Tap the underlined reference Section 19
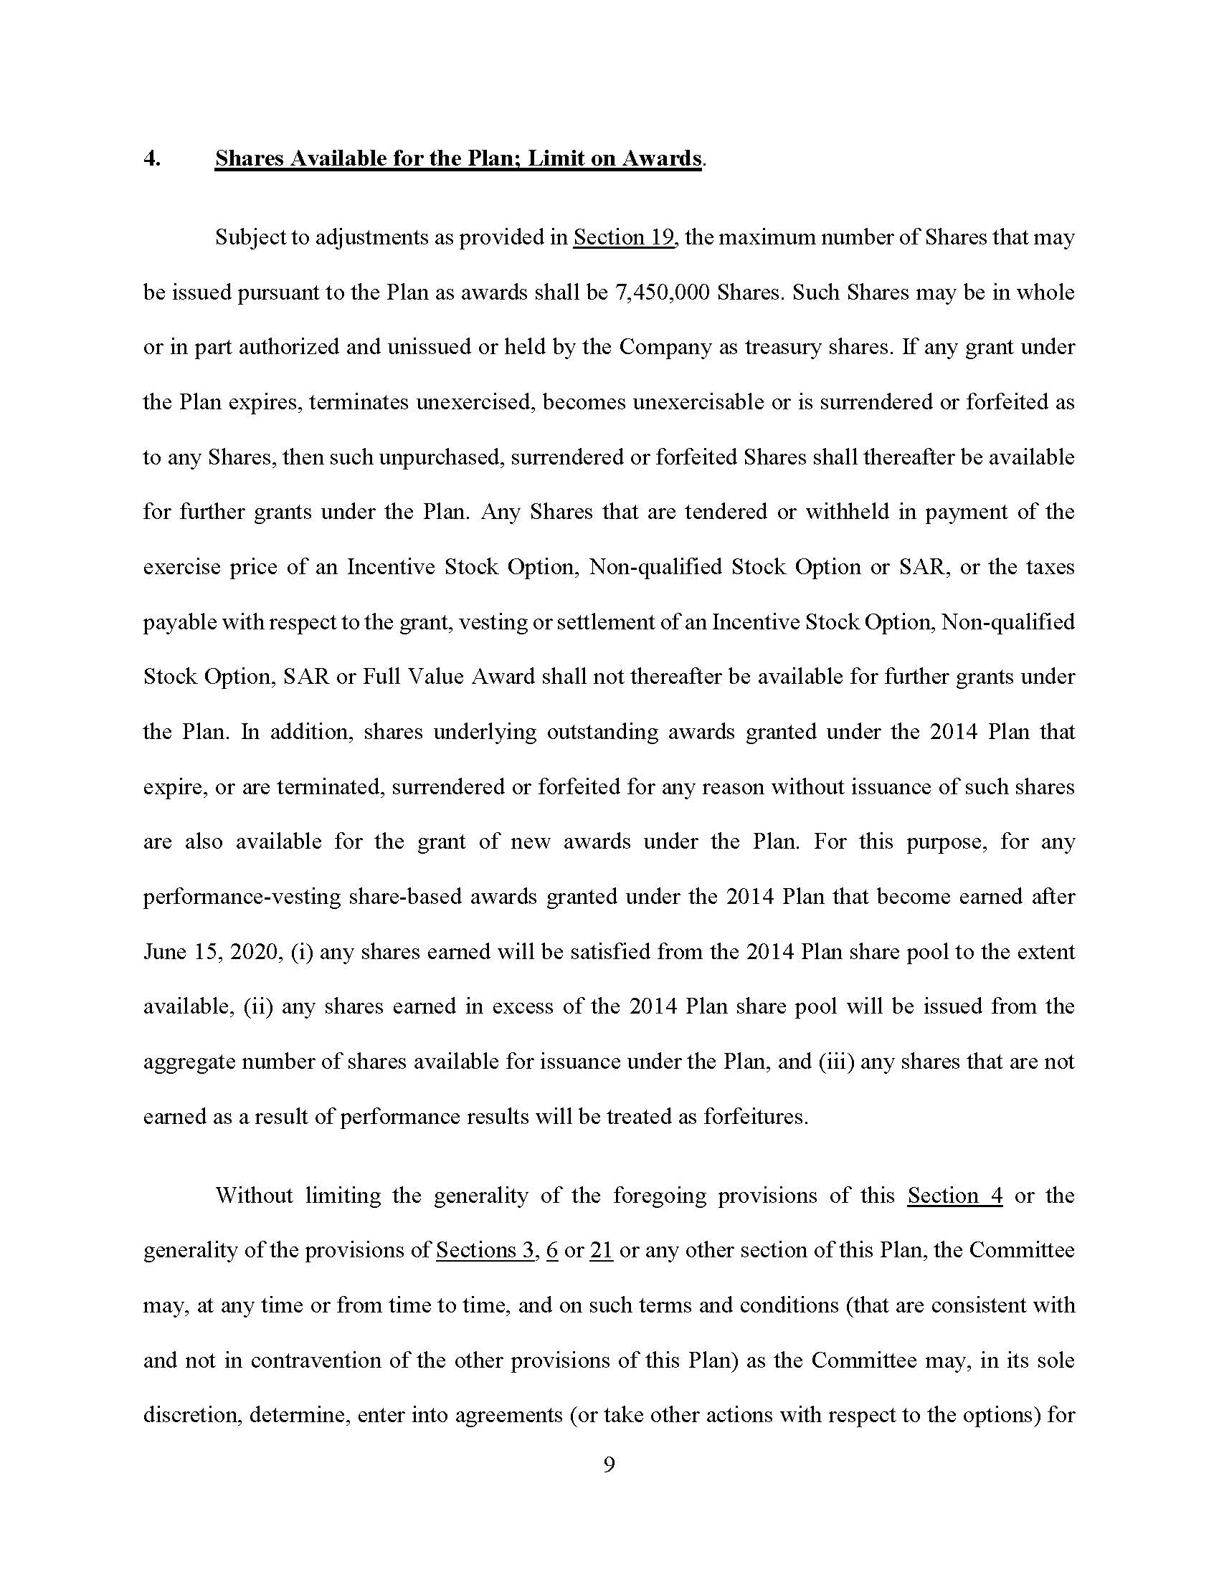click(x=624, y=237)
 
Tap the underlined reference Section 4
click(x=954, y=1195)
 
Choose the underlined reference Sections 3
click(x=485, y=1250)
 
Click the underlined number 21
click(x=601, y=1250)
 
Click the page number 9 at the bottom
click(x=609, y=1464)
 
